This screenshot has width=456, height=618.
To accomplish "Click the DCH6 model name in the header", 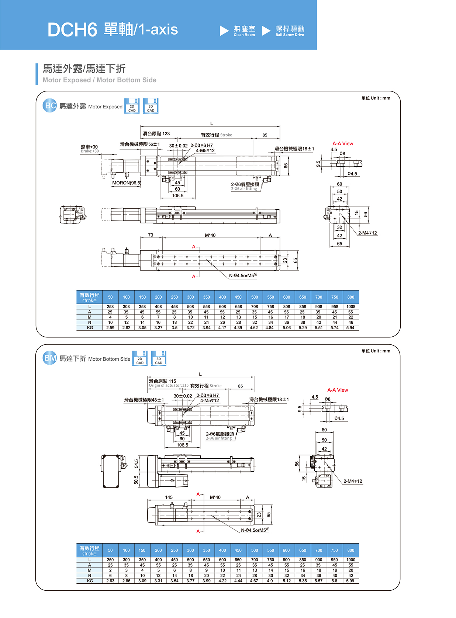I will click(x=72, y=30).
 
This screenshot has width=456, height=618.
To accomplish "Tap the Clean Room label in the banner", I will click(x=244, y=31).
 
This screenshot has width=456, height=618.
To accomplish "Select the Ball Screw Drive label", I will click(x=290, y=31).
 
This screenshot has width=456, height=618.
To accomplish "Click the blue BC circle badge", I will click(x=50, y=106).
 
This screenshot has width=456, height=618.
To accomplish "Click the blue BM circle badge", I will click(x=50, y=358).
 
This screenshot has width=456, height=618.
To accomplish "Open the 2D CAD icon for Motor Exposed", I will click(x=132, y=106).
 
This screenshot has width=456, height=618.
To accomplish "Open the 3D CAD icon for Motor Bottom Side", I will click(x=159, y=358).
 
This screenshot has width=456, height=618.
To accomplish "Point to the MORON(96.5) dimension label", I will click(x=127, y=183).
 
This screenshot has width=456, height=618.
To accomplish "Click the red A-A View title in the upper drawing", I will click(x=343, y=144).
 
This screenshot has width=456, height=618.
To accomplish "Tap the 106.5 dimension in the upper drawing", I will click(x=177, y=196).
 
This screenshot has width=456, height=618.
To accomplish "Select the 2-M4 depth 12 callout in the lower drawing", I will click(x=353, y=481).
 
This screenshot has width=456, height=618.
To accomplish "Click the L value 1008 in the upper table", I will click(x=350, y=307).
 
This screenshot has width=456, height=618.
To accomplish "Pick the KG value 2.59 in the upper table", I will click(x=110, y=327).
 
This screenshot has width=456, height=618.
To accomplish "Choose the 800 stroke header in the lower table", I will click(x=350, y=550).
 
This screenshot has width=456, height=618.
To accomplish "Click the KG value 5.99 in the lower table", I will click(x=350, y=581).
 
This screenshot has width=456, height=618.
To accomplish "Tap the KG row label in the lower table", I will click(x=90, y=581).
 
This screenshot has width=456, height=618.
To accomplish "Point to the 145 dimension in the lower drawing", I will click(x=169, y=497).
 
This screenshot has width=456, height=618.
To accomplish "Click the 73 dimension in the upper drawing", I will click(x=151, y=235).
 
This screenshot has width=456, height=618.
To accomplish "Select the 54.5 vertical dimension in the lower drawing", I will click(x=137, y=463).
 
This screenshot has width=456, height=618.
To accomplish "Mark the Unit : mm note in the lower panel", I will click(x=376, y=351).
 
